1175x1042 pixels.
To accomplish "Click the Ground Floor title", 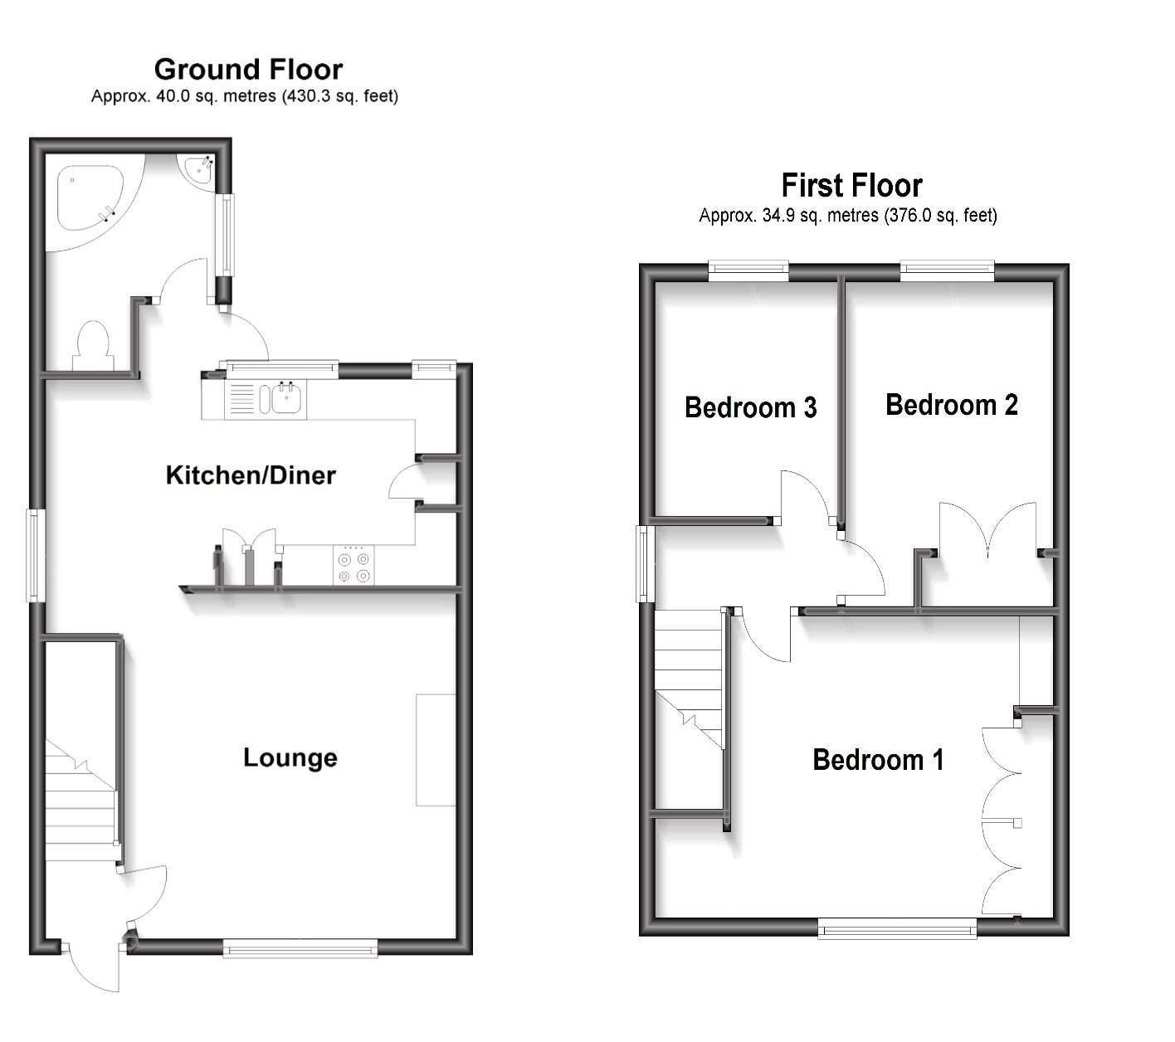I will [248, 69].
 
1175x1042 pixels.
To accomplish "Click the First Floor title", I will [851, 185].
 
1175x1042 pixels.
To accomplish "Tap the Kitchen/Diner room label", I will [251, 475].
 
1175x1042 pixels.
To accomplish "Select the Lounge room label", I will [290, 757].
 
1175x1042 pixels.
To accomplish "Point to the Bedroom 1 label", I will [878, 760].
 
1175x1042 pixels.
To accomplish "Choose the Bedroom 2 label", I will [951, 405].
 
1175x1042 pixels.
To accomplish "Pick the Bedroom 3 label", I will [750, 407].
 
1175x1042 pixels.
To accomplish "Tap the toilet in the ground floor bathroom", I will [91, 344].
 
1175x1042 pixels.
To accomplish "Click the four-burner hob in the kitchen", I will [354, 566].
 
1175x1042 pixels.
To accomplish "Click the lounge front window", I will [300, 948].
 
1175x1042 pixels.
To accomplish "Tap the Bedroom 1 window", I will [897, 928].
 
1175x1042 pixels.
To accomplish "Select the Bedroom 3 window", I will [748, 268].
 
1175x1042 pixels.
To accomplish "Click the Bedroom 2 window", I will [947, 268].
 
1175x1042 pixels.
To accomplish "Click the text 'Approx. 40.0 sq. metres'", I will [183, 96].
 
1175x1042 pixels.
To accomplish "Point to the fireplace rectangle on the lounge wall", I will [435, 750].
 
